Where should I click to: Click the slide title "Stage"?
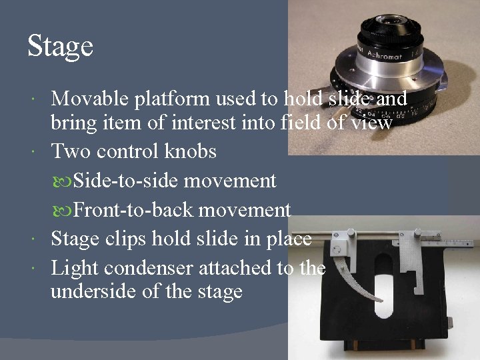pyautogui.click(x=60, y=47)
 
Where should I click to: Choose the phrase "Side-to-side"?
pyautogui.click(x=126, y=181)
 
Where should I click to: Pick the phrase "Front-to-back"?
pyautogui.click(x=133, y=210)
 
